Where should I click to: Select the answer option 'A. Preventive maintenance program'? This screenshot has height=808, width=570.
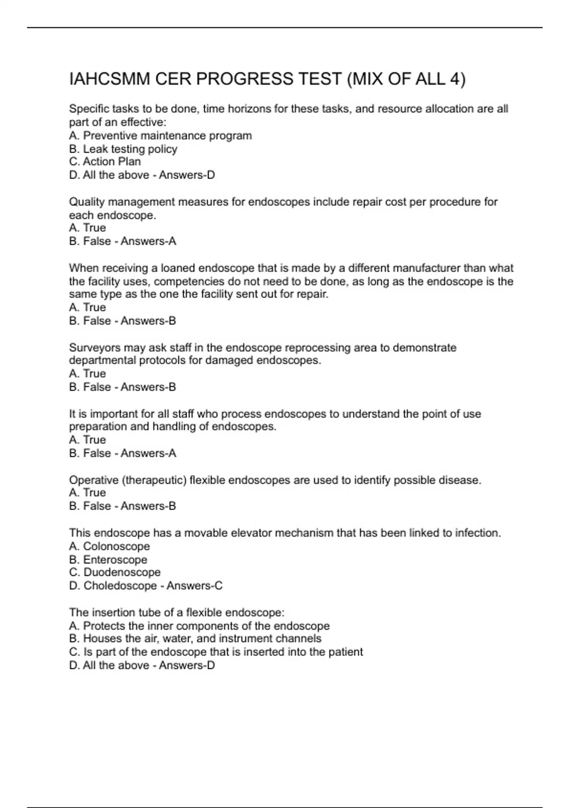coord(160,136)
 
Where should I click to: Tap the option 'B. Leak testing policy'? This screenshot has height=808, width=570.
coord(123,149)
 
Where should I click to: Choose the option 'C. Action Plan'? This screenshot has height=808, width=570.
coord(105,162)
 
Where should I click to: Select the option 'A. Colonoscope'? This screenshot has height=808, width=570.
coord(109,547)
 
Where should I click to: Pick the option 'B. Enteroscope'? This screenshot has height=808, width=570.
coord(108,560)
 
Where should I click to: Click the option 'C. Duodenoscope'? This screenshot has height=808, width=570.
coord(114,573)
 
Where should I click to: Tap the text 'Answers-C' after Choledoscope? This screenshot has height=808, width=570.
coord(194,586)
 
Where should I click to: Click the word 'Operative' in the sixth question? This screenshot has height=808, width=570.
coord(93,481)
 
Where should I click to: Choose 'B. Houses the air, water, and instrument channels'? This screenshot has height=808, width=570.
coord(195,639)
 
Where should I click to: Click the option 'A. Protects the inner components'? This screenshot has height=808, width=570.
coord(199,626)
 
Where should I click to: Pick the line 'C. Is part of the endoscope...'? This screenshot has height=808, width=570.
coord(216,652)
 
